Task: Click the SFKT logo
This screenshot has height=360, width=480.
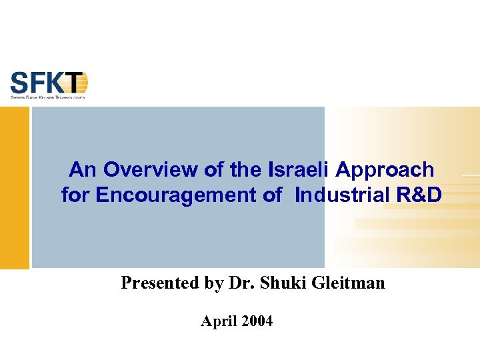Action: tap(49, 85)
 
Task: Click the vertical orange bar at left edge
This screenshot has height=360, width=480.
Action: tap(14, 187)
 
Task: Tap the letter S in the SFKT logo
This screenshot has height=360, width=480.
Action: tap(19, 83)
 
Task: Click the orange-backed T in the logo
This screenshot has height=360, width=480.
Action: tap(78, 83)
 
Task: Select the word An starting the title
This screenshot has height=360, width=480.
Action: tap(83, 170)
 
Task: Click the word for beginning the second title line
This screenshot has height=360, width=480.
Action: tap(76, 195)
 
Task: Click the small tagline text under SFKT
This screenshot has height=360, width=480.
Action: tap(47, 97)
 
